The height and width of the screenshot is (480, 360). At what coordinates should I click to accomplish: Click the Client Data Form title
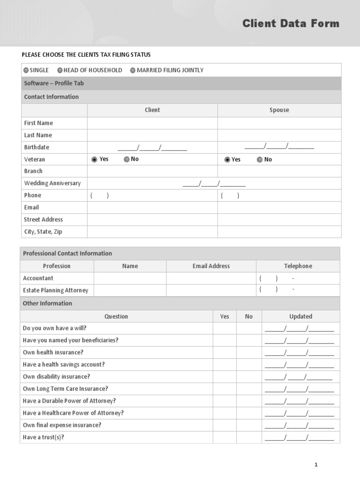(x=291, y=23)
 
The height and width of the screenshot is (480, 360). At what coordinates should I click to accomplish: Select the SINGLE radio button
(x=26, y=70)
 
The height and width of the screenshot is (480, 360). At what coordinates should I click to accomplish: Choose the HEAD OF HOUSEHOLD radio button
(x=60, y=70)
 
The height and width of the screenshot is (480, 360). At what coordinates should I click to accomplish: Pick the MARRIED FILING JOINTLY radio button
(x=133, y=70)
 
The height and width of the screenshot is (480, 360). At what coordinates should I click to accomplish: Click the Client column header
(x=152, y=110)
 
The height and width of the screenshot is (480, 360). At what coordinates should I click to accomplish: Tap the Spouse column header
(x=279, y=110)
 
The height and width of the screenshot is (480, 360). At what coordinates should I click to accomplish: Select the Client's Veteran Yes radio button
(x=94, y=159)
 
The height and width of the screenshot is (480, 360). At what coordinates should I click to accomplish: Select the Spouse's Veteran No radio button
(x=260, y=159)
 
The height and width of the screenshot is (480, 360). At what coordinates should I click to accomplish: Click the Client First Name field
(x=152, y=123)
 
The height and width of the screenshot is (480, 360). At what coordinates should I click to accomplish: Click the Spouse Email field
(x=279, y=208)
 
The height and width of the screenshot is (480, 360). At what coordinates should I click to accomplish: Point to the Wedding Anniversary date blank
(x=214, y=183)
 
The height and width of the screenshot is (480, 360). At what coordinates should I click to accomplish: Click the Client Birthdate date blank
(x=152, y=148)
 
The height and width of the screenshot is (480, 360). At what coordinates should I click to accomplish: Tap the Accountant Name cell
(x=130, y=278)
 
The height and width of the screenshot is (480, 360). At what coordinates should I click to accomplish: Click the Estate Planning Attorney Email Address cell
(x=211, y=291)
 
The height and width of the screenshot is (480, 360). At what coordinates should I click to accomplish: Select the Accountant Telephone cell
(x=298, y=278)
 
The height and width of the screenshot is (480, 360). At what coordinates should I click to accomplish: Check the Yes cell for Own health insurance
(x=225, y=352)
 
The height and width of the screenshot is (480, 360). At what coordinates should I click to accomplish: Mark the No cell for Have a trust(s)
(x=249, y=438)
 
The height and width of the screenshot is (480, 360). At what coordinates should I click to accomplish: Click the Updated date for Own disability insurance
(x=299, y=377)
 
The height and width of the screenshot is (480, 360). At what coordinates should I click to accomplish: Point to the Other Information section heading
(x=47, y=303)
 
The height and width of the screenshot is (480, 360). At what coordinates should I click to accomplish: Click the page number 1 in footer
(x=316, y=465)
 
